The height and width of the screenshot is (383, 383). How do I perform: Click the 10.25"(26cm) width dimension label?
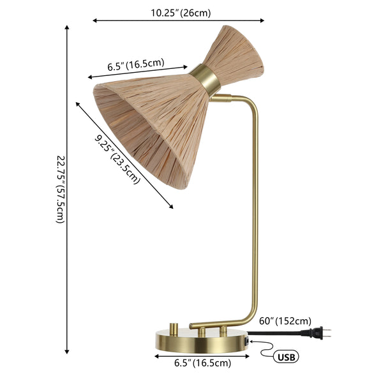[181, 12]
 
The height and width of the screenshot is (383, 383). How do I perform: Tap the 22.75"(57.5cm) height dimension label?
[60, 189]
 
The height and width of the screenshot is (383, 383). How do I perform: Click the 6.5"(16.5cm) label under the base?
[202, 363]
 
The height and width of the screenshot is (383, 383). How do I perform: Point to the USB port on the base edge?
[245, 342]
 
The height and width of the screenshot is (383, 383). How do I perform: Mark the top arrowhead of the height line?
[68, 29]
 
